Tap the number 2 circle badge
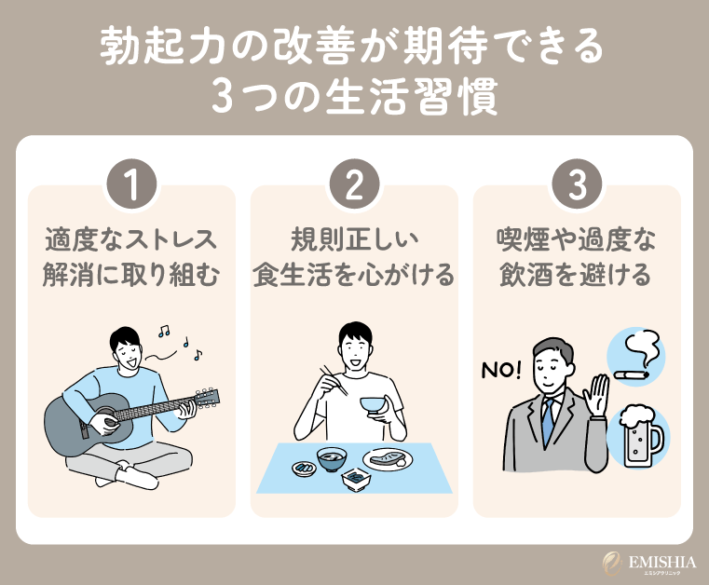355,186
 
